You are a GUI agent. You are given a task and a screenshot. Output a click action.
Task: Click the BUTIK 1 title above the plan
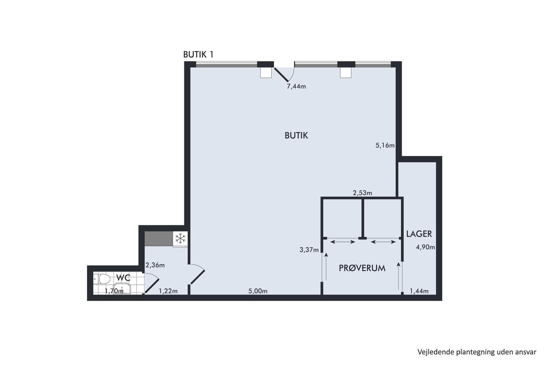coord(198,54)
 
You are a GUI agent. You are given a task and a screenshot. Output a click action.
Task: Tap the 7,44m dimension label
coord(296,86)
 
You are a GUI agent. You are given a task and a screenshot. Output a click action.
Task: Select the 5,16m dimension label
coord(385,146)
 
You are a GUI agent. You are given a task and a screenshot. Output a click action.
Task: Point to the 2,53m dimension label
coord(362,193)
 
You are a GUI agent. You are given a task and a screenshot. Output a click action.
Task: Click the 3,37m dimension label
coord(309,250)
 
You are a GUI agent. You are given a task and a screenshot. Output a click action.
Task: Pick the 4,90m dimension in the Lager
coord(425,247)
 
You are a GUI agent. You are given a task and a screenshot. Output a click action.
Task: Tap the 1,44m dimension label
coord(419,291)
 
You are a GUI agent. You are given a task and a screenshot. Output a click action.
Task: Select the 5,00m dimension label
coord(258,291)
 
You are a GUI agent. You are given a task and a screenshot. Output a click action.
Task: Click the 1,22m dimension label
coord(168,291)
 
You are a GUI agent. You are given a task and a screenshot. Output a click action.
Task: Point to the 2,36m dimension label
coord(155,265)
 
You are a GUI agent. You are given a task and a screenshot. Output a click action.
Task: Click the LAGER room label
coord(419,234)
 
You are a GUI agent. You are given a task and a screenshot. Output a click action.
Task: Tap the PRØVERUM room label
coord(362,268)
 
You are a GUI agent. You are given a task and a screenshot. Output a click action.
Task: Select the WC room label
coord(123,278)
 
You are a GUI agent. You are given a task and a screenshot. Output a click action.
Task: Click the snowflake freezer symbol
coord(180,238)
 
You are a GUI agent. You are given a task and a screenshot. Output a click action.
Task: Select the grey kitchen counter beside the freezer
coord(159,238)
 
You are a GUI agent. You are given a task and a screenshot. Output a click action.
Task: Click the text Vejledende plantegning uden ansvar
coord(477,352)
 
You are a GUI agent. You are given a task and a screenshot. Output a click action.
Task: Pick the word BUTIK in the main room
coord(296,135)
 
